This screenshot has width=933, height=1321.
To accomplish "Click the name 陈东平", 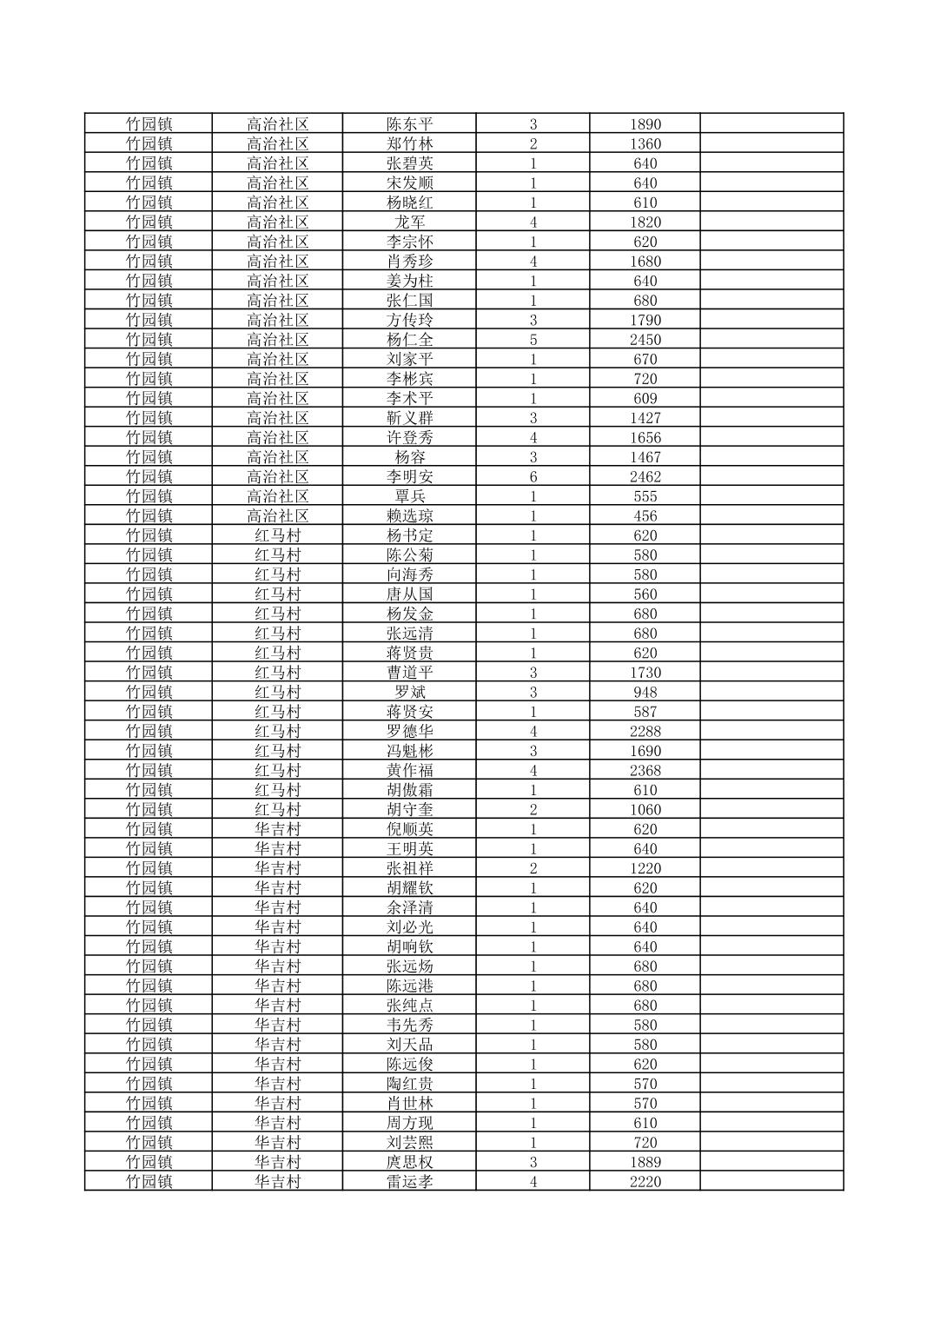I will point(409,124).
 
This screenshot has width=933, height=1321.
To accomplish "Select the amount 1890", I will point(645,124).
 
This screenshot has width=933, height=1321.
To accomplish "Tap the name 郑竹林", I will point(409,144).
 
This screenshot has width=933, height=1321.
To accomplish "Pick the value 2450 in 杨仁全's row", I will point(645,340).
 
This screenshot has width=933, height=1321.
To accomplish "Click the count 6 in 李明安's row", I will point(533,477).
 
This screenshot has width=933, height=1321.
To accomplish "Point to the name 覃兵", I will point(409,496).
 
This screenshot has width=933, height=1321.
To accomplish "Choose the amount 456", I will point(645,516).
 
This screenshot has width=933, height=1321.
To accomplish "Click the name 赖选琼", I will point(409,516).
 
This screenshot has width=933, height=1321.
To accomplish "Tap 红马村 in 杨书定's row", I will point(277,535).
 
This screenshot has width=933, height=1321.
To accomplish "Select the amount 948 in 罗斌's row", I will point(645,693).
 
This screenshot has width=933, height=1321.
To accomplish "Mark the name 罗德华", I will point(409,731).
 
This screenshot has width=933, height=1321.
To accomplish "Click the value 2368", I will point(645,770).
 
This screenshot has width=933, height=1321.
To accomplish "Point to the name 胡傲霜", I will point(409,790).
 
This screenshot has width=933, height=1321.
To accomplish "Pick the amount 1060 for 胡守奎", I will point(645,810).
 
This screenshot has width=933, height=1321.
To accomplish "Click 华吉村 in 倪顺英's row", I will point(277,829).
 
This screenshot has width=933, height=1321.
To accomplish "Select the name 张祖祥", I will point(409,868).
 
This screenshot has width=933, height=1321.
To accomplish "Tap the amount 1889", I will point(645,1162).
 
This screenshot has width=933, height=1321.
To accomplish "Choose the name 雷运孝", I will point(409,1182).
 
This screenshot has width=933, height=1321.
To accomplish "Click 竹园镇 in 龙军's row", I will point(149,222).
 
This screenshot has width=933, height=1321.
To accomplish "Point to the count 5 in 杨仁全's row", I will point(533,340).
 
